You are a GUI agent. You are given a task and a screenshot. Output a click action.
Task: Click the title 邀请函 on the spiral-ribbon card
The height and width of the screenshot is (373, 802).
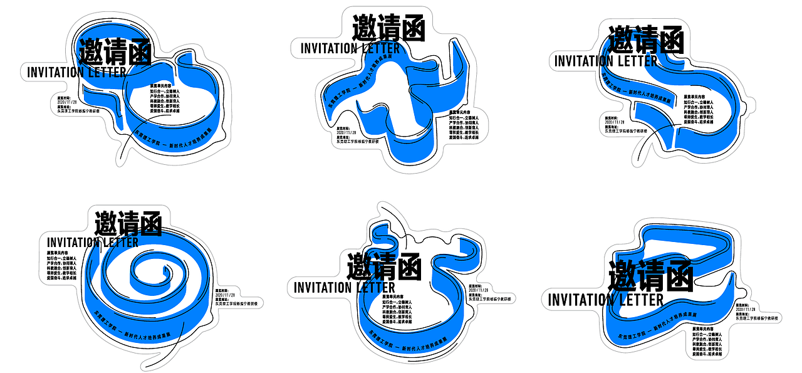click(128, 223)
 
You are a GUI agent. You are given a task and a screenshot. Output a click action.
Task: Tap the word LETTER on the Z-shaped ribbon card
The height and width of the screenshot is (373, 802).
click(642, 300)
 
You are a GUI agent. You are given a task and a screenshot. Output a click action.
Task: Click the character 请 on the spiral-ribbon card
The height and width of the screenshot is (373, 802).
click(128, 223)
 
